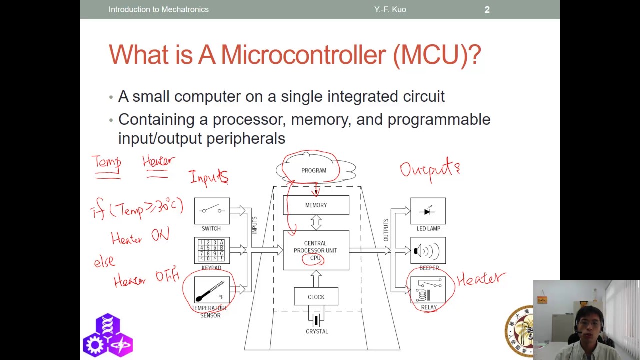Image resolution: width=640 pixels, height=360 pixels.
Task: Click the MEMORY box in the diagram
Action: (x=316, y=205)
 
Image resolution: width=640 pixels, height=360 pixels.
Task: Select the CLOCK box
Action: (x=316, y=297)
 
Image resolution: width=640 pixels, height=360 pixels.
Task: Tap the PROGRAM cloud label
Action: (x=314, y=171)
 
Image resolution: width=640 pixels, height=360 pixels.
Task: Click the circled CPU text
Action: (x=315, y=258)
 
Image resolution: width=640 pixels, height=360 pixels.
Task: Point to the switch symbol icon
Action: (x=212, y=211)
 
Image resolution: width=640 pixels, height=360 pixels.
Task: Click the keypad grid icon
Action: (x=212, y=250)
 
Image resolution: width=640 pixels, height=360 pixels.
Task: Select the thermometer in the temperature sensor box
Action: (x=210, y=291)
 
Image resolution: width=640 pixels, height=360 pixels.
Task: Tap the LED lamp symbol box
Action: (x=428, y=211)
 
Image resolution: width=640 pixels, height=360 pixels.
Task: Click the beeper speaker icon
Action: (x=428, y=250)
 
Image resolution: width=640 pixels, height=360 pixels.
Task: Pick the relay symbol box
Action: (x=428, y=290)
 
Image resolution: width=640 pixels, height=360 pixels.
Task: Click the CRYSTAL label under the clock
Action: (x=317, y=332)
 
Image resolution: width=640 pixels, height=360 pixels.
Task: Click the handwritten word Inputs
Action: (x=208, y=177)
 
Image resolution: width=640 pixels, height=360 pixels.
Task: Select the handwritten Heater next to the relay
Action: (x=481, y=279)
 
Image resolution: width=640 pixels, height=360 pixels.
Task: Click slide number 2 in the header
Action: (x=487, y=9)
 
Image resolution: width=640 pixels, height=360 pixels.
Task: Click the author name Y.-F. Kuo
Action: (x=390, y=9)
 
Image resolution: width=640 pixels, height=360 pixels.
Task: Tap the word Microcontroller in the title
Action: (x=303, y=54)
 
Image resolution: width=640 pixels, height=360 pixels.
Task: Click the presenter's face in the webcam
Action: (x=589, y=323)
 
